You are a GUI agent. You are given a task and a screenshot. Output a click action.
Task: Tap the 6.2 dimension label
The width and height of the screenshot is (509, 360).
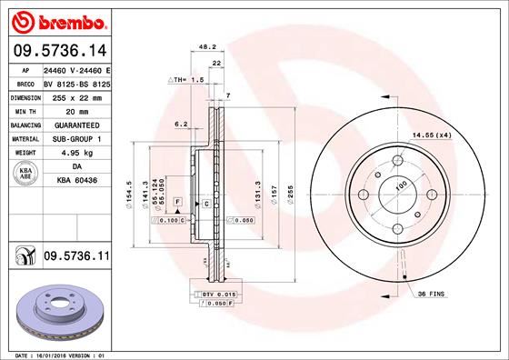coord(180,123)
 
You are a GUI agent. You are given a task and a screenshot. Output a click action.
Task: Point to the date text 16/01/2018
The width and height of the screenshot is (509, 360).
coord(55,354)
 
